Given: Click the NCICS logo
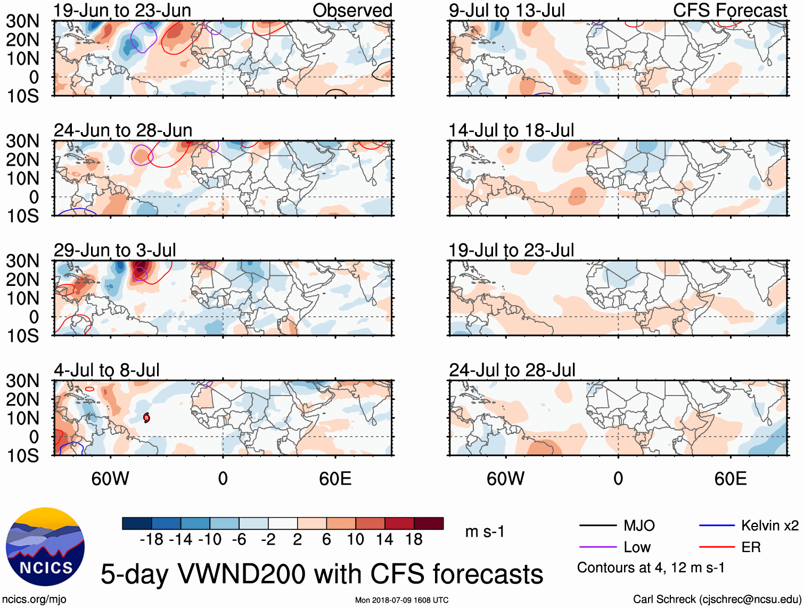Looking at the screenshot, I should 45,546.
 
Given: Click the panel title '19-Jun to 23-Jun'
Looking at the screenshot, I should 122,10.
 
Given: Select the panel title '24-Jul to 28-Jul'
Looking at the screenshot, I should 512,370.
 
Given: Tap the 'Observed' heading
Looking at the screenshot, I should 352,10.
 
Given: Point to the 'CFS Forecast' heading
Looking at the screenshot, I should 729,10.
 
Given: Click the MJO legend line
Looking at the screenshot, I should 597,525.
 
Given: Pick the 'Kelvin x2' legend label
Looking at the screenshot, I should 769,525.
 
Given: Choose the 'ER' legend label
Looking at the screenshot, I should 751,547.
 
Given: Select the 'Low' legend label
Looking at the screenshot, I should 637,547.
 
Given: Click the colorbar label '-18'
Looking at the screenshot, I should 151,539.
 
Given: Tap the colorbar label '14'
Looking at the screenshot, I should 384,539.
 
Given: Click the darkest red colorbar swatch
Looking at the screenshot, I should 429,523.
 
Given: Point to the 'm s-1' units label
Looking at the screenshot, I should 485,531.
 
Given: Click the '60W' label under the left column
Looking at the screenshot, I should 110,479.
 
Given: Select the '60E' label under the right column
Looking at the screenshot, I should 730,479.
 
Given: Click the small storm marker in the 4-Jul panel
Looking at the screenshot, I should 146,418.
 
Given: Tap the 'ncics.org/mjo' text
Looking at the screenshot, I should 34,599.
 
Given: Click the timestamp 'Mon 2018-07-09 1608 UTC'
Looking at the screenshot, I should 401,600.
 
